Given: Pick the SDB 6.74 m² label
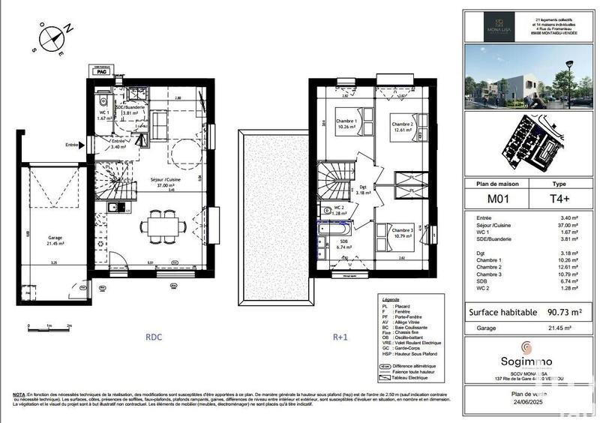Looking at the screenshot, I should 343,244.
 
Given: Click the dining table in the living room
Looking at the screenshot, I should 162,223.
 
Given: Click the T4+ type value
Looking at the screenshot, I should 559,198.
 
